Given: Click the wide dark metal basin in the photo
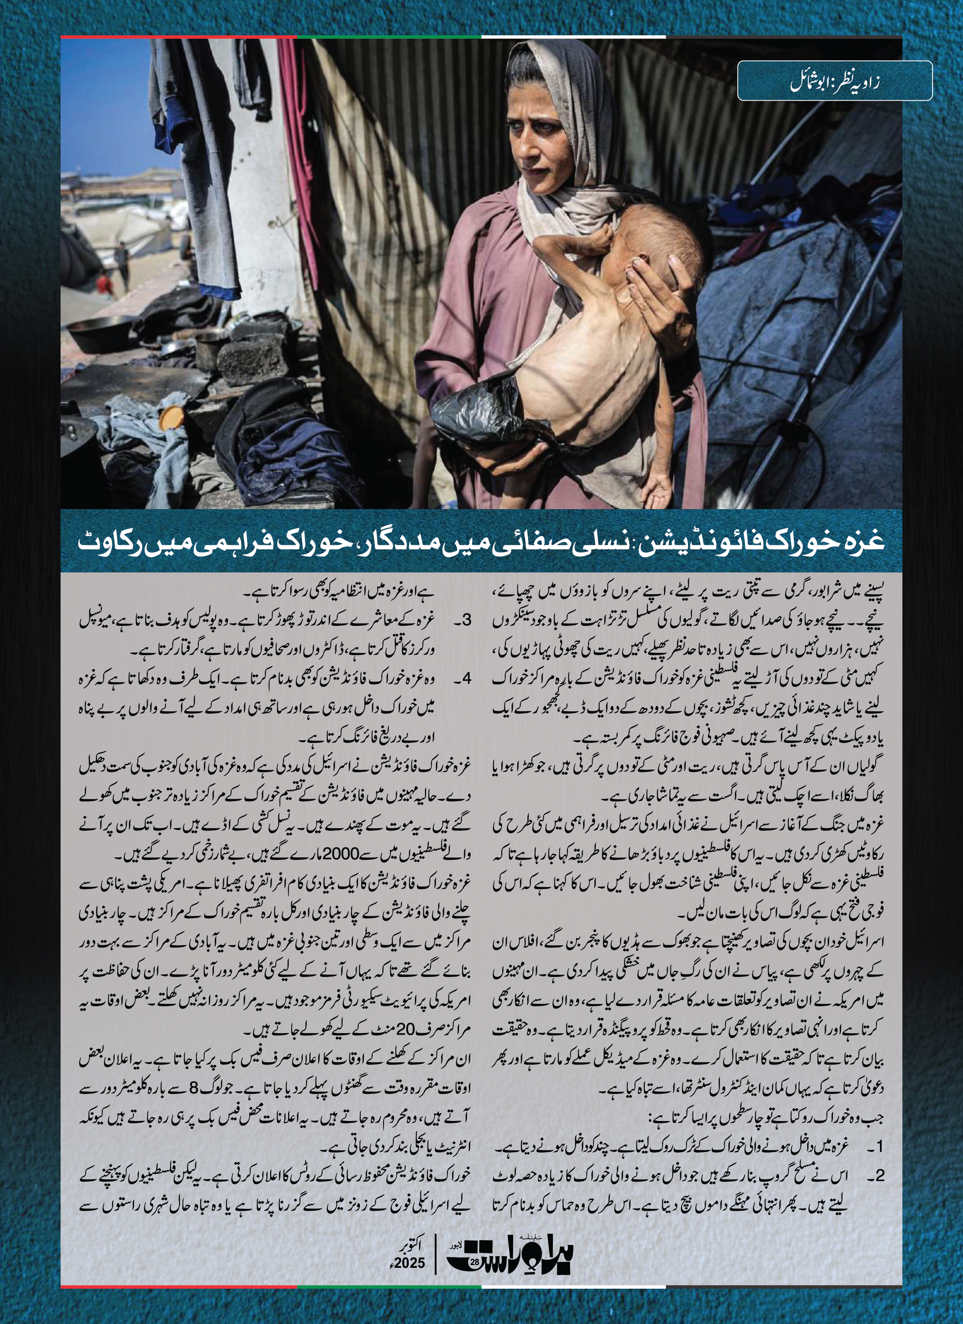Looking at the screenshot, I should tap(99, 333).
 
